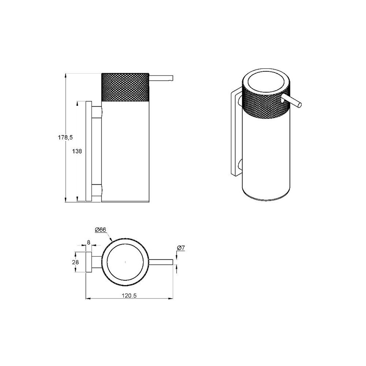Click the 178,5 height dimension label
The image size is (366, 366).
click(65, 138)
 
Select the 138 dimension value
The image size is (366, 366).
click(77, 151)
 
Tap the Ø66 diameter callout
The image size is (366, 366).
click(101, 230)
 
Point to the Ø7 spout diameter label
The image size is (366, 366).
click(181, 248)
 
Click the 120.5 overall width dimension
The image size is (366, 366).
click(129, 296)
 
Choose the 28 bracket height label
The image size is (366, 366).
click(75, 262)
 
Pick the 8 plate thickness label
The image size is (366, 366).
click(89, 243)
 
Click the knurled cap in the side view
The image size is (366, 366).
click(125, 87)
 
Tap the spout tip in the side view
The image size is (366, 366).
click(172, 78)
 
